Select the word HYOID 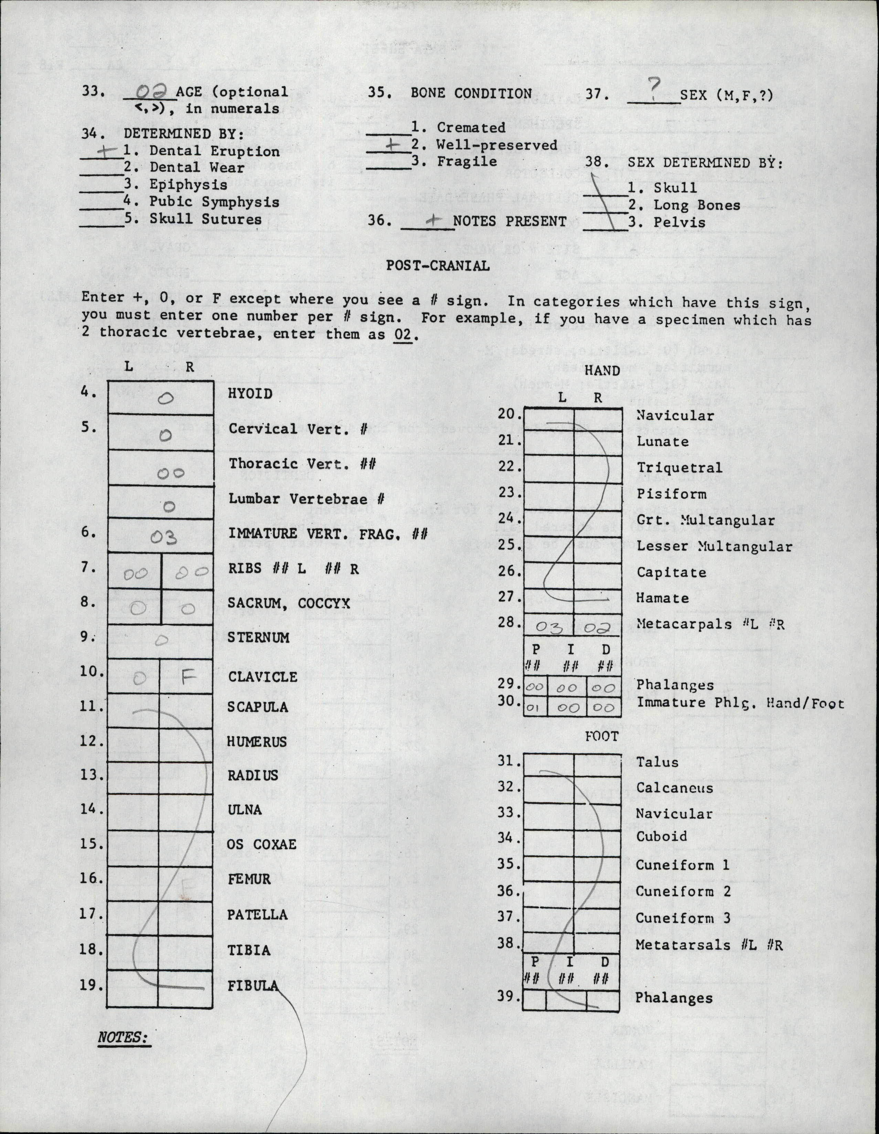[x=250, y=394]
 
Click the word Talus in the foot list [x=657, y=762]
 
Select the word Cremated [x=471, y=127]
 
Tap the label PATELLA [x=257, y=914]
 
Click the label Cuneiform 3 [x=683, y=918]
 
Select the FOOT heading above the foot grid [x=601, y=736]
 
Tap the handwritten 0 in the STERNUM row [x=161, y=641]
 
